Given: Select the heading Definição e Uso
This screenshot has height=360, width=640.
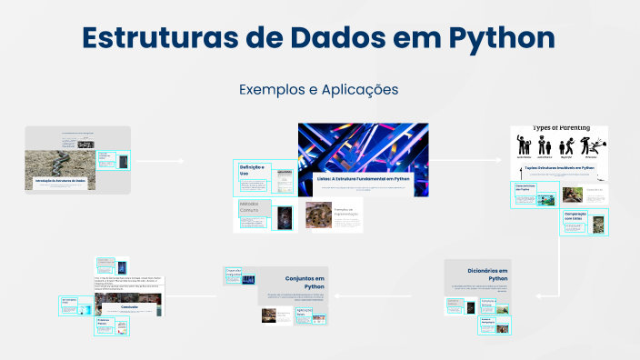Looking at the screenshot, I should click(x=250, y=171).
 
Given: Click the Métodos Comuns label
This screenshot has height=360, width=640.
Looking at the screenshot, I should click(x=249, y=208).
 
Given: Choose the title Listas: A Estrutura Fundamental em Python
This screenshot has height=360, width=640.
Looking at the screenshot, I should click(x=363, y=179).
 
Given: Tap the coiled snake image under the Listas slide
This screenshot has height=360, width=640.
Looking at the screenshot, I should click(x=318, y=215).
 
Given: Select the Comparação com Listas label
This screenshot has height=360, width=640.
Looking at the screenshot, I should click(x=575, y=217).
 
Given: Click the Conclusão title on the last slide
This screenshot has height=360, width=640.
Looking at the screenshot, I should click(x=128, y=306).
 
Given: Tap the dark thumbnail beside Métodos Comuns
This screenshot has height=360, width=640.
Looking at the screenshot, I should click(x=285, y=215).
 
